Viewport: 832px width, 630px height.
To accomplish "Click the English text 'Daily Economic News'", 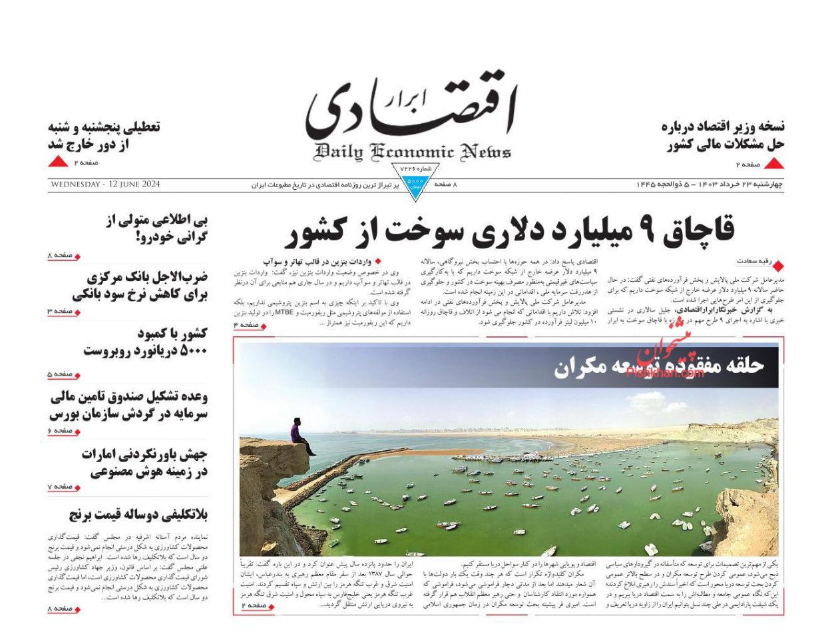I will pos(413,152).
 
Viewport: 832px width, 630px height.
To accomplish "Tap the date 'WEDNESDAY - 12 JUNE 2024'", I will pos(104,184).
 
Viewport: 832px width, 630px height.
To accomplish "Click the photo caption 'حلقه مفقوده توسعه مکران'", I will pos(659,366).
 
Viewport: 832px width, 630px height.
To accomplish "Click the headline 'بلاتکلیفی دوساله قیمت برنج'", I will pos(138,515).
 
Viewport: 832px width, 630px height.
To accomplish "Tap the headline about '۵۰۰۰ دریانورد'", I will pos(145,342).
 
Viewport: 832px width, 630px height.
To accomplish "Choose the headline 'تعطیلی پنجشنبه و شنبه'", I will pos(104,135).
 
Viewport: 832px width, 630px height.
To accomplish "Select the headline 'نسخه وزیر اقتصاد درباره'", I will pos(724,135).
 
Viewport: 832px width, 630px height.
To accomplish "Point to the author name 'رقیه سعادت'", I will pos(753,262).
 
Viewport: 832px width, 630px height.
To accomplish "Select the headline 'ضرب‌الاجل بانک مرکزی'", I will pos(140,286).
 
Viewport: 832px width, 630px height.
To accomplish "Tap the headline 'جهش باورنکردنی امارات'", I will pos(144,463).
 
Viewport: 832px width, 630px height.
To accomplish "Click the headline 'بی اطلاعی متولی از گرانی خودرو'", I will pos(157,228).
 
